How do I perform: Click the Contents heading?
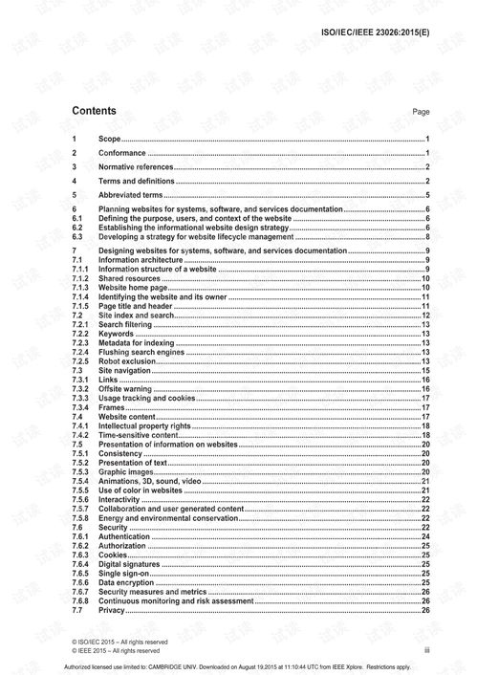[x=95, y=111]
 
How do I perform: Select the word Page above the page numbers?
[x=421, y=112]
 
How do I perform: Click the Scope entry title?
[x=110, y=140]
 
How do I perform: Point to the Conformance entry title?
[x=122, y=153]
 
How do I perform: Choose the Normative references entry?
[x=136, y=167]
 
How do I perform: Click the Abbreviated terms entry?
[x=130, y=194]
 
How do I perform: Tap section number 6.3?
[x=79, y=235]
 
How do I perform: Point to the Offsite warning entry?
[x=127, y=389]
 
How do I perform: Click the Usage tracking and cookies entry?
[x=147, y=398]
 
